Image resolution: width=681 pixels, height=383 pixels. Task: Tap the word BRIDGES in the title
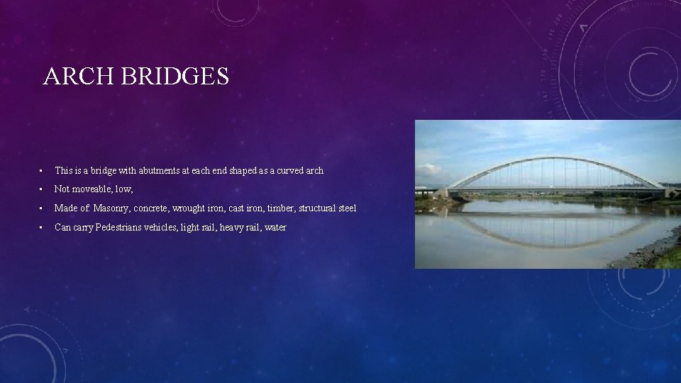click(175, 77)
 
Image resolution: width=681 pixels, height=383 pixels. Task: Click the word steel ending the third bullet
click(345, 209)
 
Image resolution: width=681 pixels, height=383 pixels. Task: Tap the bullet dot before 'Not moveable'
click(43, 189)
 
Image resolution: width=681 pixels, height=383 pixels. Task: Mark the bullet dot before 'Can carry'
click(43, 228)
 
